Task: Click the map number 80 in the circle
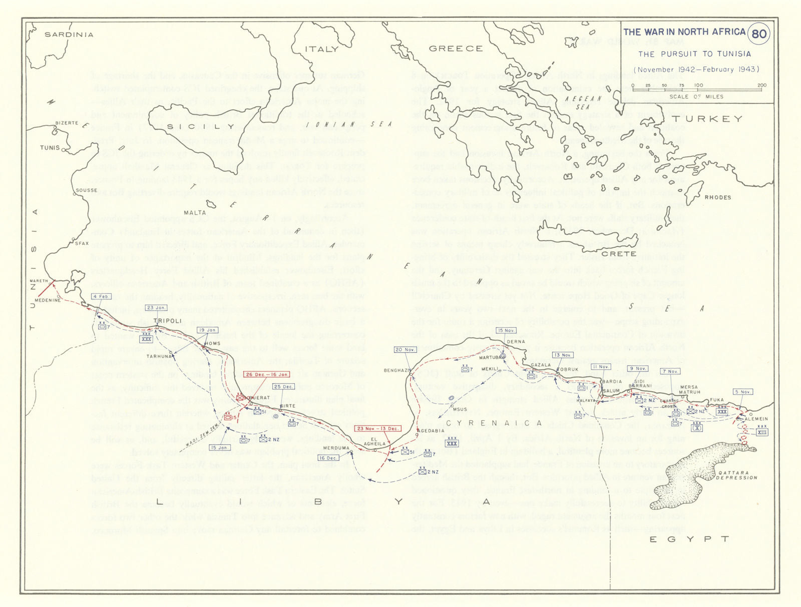(759, 34)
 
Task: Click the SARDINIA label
(69, 35)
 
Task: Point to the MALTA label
(195, 212)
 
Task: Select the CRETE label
(619, 254)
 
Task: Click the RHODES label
(717, 197)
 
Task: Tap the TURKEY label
(706, 119)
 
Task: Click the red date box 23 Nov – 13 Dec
(378, 428)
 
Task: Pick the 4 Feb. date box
(101, 296)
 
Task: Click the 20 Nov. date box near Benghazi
(406, 350)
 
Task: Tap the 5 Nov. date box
(743, 392)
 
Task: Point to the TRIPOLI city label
(167, 321)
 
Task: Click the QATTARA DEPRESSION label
(736, 475)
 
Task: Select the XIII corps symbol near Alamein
(762, 432)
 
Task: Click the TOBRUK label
(567, 369)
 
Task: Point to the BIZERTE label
(67, 123)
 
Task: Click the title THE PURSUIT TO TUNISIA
(694, 54)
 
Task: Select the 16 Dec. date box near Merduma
(328, 458)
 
